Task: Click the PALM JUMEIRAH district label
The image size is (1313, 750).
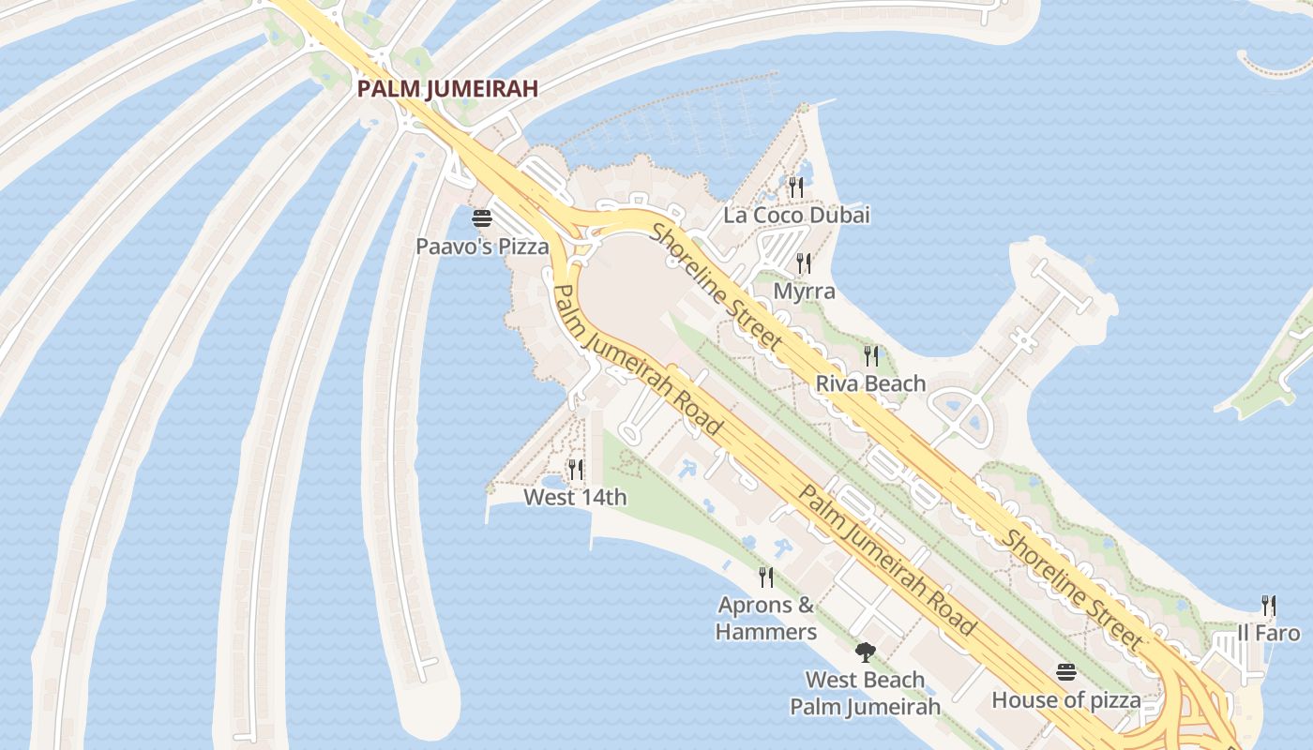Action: (x=446, y=89)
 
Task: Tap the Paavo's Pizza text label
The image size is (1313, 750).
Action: (x=482, y=247)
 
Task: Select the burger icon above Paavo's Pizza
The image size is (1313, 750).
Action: (x=482, y=219)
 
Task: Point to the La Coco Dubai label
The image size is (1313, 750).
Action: (x=796, y=215)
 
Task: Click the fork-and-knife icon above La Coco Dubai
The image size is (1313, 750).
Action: (x=796, y=187)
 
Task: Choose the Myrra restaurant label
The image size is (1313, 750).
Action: (x=804, y=291)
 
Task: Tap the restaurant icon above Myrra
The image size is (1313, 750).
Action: (x=804, y=263)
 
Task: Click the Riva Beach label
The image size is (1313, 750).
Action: (x=870, y=383)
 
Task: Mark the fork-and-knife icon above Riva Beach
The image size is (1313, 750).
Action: (x=871, y=356)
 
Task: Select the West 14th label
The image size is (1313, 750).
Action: (x=575, y=497)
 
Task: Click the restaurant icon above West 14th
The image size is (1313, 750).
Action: (x=576, y=470)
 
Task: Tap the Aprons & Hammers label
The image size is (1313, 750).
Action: (x=766, y=618)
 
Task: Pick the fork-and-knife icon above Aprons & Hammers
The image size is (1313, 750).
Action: (x=766, y=577)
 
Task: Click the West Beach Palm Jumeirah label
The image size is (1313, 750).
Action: (x=865, y=693)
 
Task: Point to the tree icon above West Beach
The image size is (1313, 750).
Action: (x=865, y=652)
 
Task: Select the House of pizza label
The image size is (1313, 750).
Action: (x=1066, y=699)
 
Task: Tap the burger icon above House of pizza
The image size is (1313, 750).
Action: (x=1066, y=672)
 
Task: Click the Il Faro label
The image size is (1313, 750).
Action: (x=1268, y=633)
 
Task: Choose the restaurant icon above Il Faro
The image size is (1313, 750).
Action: (x=1268, y=606)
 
